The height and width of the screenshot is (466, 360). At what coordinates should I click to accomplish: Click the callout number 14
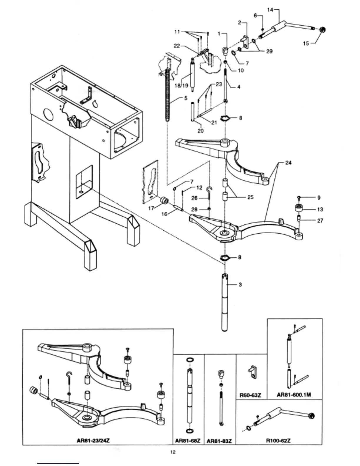click(x=270, y=10)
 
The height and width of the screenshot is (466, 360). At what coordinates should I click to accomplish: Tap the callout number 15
click(x=306, y=43)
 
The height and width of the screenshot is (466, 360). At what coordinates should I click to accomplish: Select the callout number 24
click(x=288, y=162)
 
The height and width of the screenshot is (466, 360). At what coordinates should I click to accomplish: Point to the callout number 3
click(x=240, y=284)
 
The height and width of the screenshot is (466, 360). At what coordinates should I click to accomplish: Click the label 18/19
click(x=181, y=86)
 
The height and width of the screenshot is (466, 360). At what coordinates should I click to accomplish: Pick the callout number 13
click(x=320, y=209)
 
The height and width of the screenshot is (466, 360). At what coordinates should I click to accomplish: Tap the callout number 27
click(x=320, y=220)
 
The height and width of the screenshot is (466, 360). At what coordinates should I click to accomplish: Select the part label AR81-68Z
click(x=188, y=441)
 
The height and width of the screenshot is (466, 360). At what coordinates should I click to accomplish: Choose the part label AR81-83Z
click(x=219, y=441)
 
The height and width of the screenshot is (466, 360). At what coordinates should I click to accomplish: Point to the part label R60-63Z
click(x=250, y=395)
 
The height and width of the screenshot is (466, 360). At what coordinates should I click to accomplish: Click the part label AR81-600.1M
click(x=294, y=395)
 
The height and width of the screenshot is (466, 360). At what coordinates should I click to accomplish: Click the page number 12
click(x=173, y=452)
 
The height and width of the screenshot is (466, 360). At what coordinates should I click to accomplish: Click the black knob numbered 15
click(x=322, y=29)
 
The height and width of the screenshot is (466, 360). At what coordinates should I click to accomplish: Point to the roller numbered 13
click(x=299, y=208)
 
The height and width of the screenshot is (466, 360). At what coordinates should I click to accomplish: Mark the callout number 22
click(x=177, y=46)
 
